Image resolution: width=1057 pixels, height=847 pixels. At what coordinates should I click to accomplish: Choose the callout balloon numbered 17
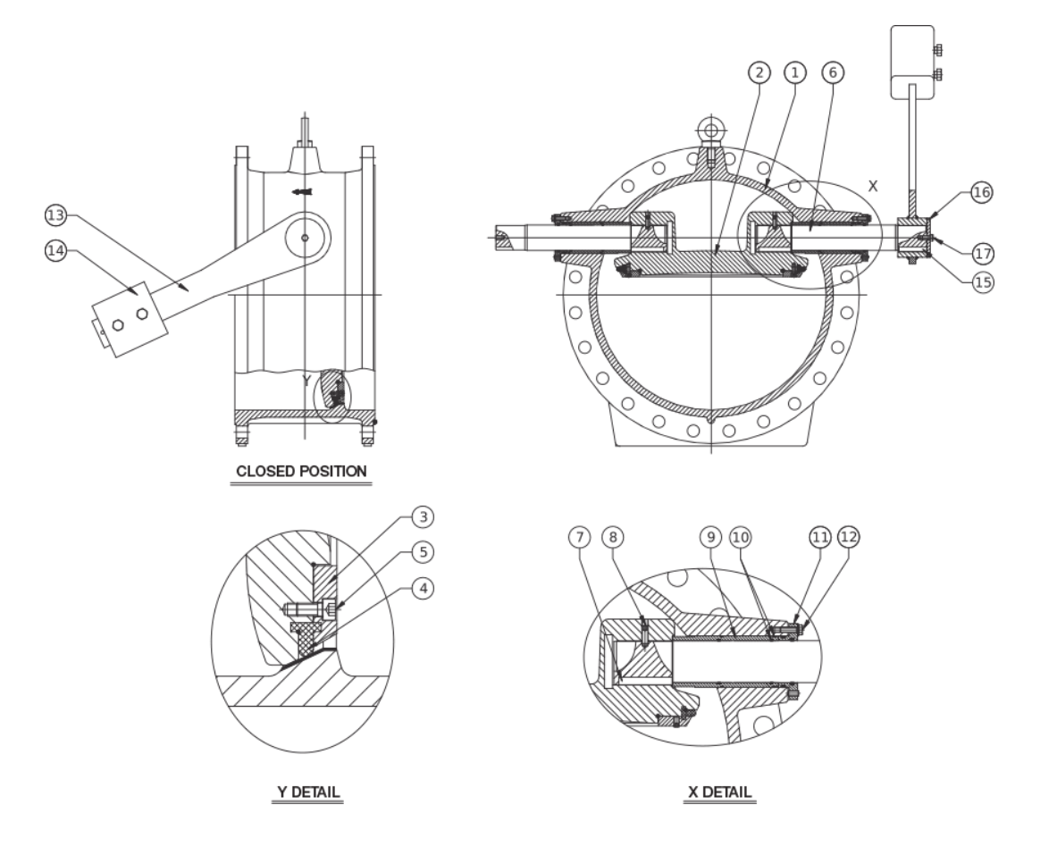984,254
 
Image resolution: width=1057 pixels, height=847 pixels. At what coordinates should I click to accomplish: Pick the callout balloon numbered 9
711,536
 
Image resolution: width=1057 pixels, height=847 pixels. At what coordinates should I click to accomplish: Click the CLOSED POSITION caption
300,471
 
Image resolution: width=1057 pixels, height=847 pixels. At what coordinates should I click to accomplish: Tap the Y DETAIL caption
307,792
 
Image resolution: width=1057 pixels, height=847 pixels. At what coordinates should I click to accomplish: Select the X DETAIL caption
719,792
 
